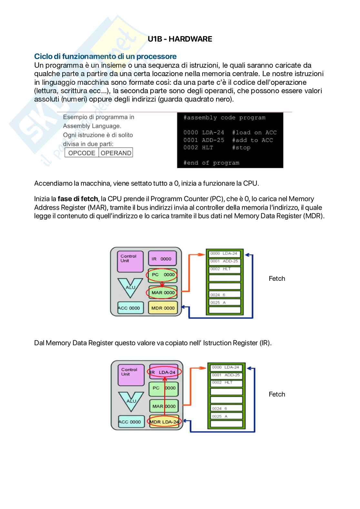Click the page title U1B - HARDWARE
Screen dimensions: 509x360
click(x=180, y=39)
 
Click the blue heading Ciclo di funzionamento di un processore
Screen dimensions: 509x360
click(x=105, y=56)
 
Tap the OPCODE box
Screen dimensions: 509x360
click(x=82, y=153)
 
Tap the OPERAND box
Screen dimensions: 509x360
click(x=116, y=153)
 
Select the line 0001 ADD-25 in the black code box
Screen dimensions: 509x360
click(x=204, y=140)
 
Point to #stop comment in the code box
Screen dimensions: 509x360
click(x=241, y=148)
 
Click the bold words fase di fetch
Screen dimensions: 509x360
click(x=77, y=199)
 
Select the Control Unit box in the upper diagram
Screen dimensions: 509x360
click(x=130, y=261)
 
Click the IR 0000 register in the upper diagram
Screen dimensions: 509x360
click(x=163, y=259)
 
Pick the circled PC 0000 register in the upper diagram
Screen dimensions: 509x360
click(x=163, y=275)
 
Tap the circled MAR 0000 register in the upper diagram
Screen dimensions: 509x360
click(x=163, y=293)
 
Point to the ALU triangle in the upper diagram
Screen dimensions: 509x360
click(x=130, y=287)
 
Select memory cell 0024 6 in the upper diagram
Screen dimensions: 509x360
click(x=225, y=295)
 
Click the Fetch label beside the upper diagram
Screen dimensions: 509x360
click(x=277, y=279)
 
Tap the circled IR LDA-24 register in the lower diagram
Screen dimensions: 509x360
click(x=165, y=372)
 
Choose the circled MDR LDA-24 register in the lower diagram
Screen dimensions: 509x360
click(x=164, y=422)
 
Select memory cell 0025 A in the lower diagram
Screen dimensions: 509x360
click(x=226, y=416)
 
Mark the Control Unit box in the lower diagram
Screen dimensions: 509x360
click(x=131, y=375)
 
